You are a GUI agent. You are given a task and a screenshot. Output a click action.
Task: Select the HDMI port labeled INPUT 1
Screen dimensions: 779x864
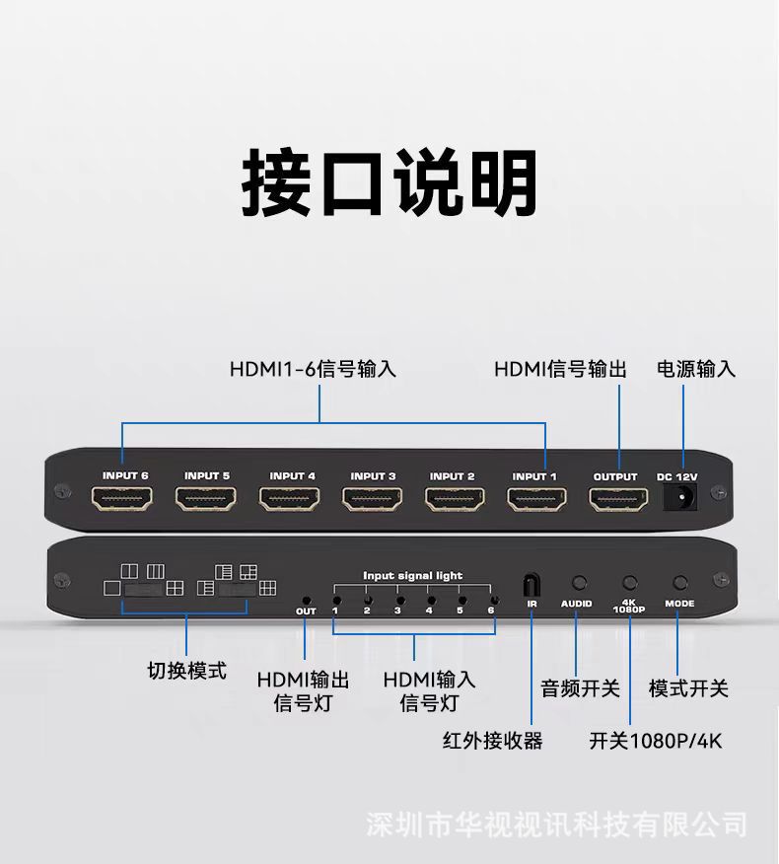536,499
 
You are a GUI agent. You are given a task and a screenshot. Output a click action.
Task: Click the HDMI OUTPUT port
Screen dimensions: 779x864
617,499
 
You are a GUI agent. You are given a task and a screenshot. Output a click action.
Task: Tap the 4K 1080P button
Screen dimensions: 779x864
630,584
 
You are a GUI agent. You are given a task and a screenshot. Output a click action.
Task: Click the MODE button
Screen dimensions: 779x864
679,584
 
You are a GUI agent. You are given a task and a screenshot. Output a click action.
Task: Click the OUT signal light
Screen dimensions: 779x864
306,599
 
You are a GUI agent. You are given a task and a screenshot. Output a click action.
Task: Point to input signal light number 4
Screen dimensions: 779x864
429,599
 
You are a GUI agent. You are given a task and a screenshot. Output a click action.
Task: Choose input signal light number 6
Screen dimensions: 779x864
492,599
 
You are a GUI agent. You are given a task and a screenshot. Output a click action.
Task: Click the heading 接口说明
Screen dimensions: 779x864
389,182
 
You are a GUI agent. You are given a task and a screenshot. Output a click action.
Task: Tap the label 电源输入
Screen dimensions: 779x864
696,369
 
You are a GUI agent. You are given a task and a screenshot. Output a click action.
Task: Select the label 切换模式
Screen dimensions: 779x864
186,671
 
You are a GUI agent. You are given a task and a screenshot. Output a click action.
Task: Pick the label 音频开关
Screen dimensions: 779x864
580,688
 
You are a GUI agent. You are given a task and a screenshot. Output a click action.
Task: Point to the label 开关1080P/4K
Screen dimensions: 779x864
656,740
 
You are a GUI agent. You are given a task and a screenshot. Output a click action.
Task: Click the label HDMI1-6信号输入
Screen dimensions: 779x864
313,369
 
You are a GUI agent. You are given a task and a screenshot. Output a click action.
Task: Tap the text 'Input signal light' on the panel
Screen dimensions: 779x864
412,575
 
